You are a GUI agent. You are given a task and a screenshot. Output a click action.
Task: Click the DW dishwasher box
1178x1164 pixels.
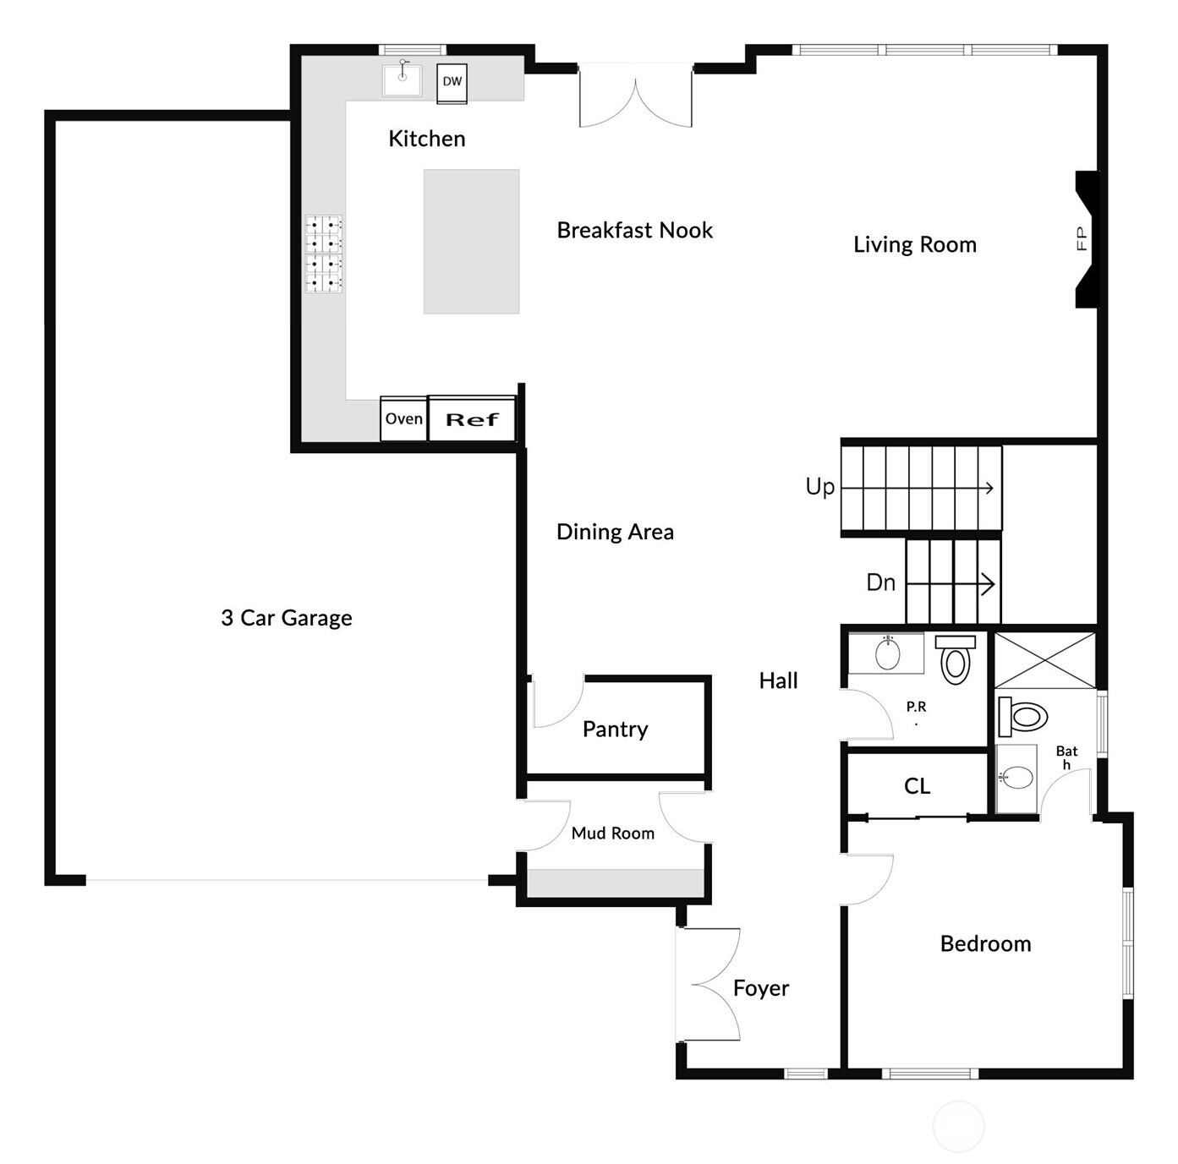(x=452, y=82)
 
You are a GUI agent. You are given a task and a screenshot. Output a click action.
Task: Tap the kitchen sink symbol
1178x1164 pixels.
(x=402, y=79)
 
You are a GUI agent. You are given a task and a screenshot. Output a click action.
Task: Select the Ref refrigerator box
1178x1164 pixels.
(x=472, y=419)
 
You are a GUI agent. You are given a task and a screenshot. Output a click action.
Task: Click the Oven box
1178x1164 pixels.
(x=404, y=419)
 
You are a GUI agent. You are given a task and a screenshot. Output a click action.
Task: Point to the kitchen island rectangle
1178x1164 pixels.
(x=471, y=242)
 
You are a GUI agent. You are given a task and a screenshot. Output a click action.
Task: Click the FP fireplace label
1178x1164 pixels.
(x=1082, y=239)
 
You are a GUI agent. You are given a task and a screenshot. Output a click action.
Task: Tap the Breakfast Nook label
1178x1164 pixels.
(x=634, y=230)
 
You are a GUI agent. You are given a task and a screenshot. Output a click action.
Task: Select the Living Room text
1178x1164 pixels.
(x=914, y=244)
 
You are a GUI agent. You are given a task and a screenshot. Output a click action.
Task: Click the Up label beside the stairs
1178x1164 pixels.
(x=819, y=487)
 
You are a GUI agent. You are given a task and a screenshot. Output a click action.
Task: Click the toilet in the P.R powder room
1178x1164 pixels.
(x=956, y=659)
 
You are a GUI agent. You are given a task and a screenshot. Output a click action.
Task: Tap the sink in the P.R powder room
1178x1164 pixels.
(x=887, y=653)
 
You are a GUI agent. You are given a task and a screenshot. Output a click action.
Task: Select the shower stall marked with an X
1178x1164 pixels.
(x=1044, y=660)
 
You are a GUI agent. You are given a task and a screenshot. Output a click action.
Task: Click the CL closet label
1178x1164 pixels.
(x=917, y=786)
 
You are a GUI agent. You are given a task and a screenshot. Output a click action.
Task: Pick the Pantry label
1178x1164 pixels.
(x=615, y=729)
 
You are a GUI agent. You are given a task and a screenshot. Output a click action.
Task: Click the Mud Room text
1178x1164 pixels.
(x=612, y=833)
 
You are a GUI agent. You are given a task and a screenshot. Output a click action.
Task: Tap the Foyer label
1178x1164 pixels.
(x=760, y=987)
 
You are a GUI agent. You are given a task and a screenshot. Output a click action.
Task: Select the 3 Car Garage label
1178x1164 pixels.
(x=286, y=618)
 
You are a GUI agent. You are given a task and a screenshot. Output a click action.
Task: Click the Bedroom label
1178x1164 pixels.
(x=985, y=943)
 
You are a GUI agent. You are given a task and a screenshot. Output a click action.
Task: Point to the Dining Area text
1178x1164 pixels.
(x=615, y=532)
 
